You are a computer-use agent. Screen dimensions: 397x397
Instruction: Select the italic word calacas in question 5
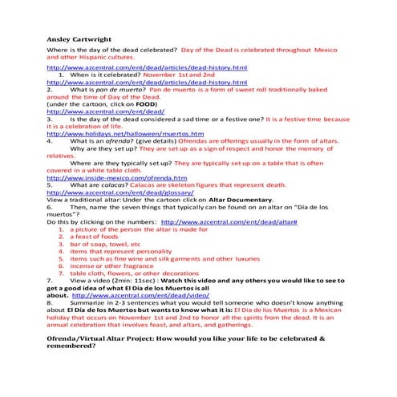111,184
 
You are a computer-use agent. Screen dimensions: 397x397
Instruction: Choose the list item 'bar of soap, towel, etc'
105,243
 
